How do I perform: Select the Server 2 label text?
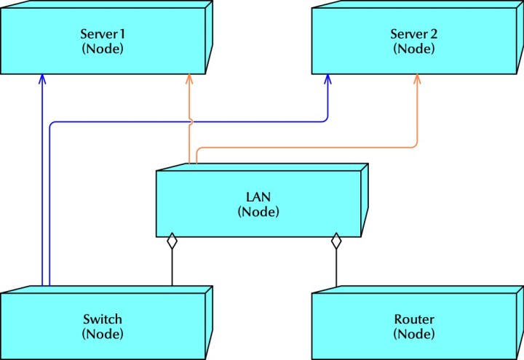click(x=413, y=34)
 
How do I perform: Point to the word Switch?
click(x=102, y=319)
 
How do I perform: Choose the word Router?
click(x=413, y=319)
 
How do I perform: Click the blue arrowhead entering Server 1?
click(x=43, y=79)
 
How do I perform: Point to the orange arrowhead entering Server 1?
click(x=189, y=79)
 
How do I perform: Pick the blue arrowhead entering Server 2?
click(x=327, y=79)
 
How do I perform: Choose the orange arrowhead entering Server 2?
click(x=418, y=79)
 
